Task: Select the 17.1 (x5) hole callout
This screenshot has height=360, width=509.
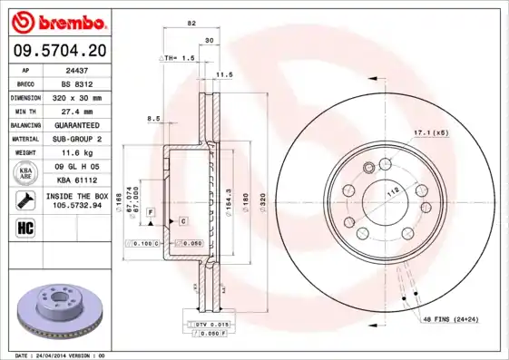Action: coord(431,133)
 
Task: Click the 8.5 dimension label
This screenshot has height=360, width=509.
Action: coord(153,118)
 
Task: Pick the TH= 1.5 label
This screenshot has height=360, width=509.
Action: coord(180,58)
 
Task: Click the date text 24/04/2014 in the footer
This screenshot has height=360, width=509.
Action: coord(59,355)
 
